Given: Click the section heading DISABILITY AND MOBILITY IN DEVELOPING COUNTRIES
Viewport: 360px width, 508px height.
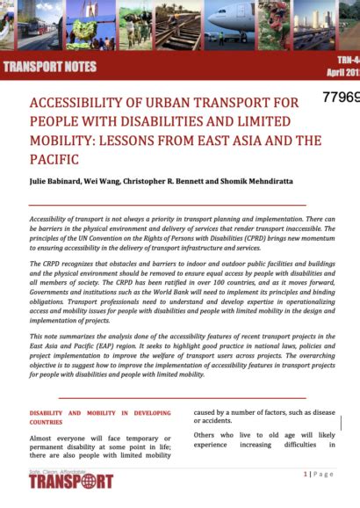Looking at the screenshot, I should (x=100, y=417).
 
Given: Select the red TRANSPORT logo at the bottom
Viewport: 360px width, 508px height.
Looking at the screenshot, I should (x=71, y=481).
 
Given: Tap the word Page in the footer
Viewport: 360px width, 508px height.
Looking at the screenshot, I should (x=324, y=475).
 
